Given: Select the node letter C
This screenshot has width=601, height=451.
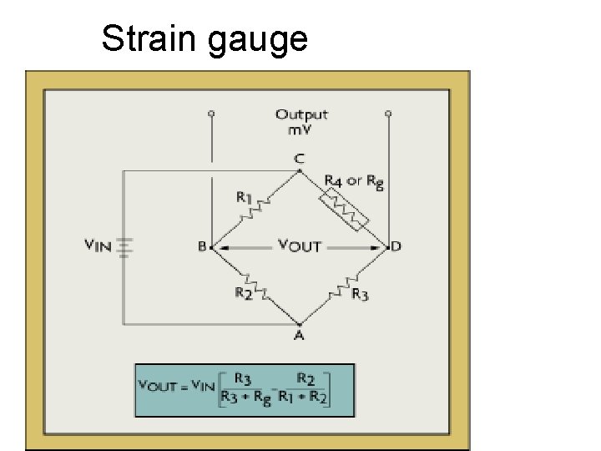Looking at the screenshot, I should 300,159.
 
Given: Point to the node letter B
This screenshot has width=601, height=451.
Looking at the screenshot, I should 202,247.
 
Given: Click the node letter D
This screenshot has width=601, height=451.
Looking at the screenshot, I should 396,246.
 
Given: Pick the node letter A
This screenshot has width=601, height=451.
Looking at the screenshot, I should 300,335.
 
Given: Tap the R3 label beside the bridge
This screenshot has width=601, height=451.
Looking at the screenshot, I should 361,293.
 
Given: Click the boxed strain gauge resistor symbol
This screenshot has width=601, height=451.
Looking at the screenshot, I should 345,208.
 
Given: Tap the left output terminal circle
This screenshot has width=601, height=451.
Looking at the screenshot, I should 211,111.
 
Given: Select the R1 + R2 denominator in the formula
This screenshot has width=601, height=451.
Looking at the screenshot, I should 304,398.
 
